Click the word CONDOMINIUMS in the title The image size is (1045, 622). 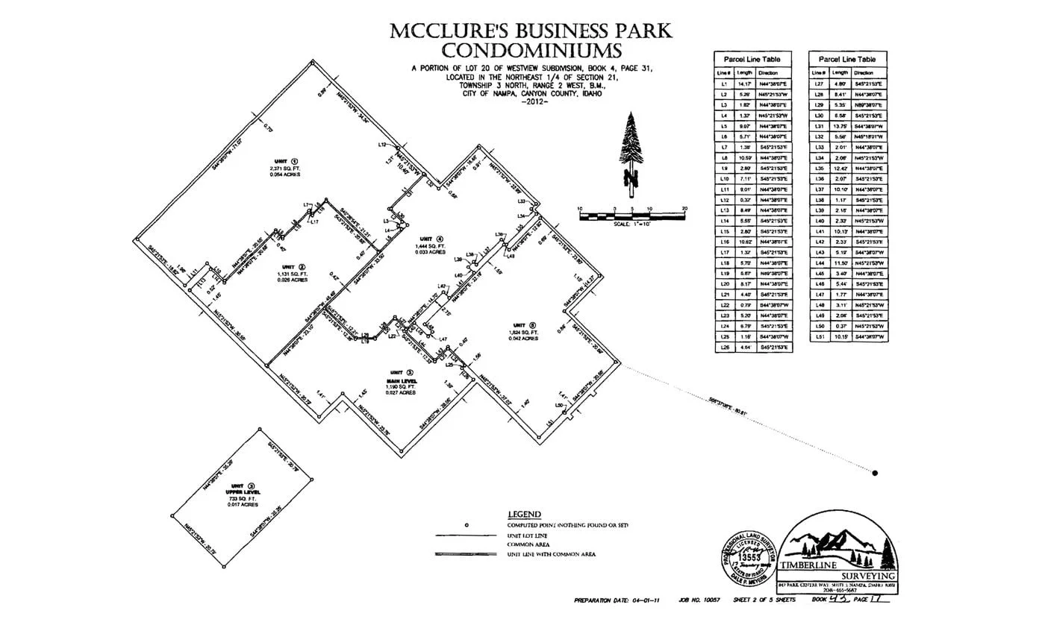[531, 51]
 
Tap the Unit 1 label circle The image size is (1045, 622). [295, 160]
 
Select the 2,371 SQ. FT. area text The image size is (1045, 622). [284, 169]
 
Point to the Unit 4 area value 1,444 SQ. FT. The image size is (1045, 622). [431, 246]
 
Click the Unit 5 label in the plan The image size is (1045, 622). [522, 324]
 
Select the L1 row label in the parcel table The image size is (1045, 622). [723, 84]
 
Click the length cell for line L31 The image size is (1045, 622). [840, 126]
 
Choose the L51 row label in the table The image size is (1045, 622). [818, 337]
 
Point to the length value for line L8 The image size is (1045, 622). [744, 158]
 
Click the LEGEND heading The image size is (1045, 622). [524, 515]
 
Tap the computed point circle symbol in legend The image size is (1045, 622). [466, 525]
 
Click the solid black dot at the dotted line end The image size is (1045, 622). [875, 472]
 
